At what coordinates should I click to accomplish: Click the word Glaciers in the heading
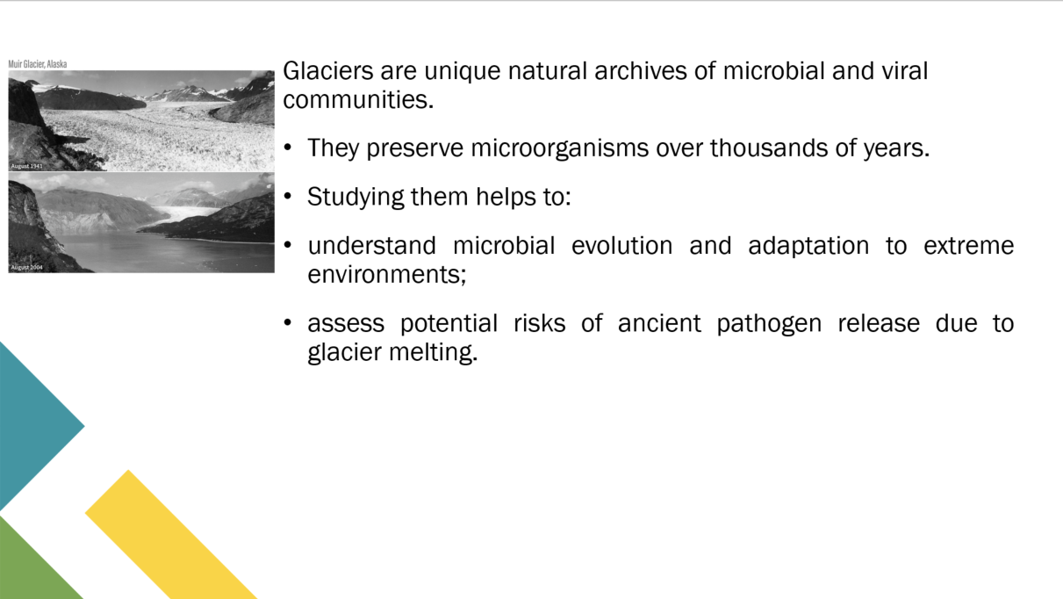click(x=328, y=71)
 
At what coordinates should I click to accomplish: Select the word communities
click(x=358, y=99)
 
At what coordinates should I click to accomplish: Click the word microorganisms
click(x=559, y=148)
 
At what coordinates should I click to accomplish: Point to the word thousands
click(x=769, y=148)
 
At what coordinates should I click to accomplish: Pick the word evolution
click(x=621, y=246)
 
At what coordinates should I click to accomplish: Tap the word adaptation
click(x=808, y=246)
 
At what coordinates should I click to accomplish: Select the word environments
click(x=387, y=274)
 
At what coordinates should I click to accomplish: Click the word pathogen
click(x=769, y=324)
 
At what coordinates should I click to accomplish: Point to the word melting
click(x=433, y=352)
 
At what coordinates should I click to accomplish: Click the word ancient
click(x=659, y=324)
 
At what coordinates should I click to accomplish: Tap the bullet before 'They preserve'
click(x=288, y=148)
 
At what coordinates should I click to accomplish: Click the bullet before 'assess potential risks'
click(x=288, y=322)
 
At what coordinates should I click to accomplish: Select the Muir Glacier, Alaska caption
click(x=38, y=64)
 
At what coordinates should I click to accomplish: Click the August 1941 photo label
click(x=26, y=166)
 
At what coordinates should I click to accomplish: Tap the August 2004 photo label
click(x=26, y=267)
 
